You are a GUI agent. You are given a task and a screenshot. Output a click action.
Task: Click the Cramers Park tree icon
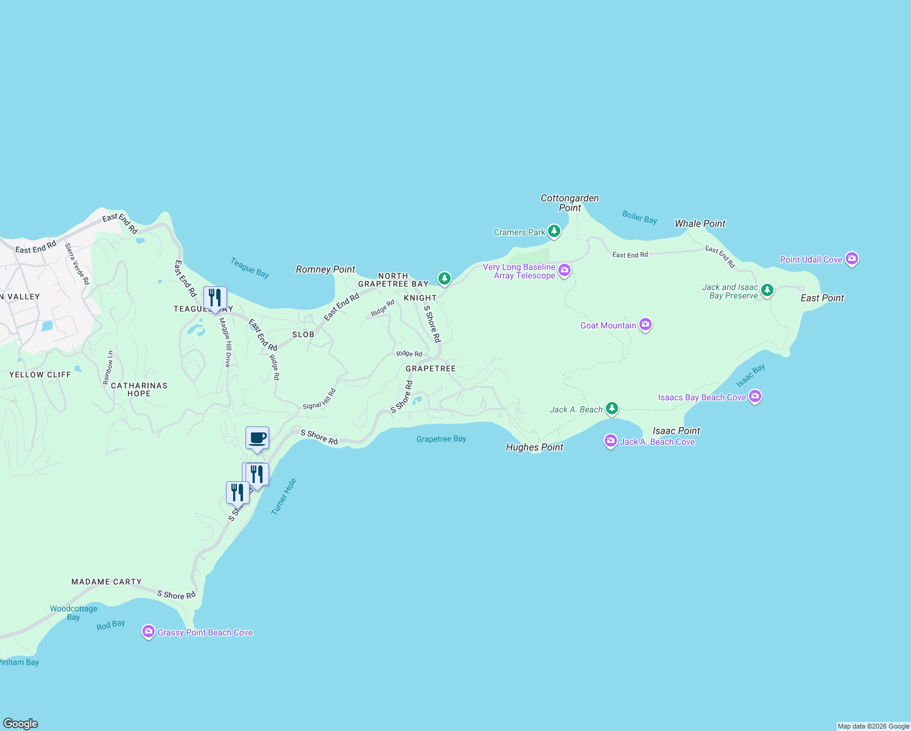[x=554, y=231]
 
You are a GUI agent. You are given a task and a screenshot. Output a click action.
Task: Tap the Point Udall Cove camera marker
[x=852, y=259]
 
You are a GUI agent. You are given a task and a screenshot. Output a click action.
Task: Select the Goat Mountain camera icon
[x=645, y=325]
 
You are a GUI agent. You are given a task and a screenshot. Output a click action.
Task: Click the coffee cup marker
[x=257, y=438]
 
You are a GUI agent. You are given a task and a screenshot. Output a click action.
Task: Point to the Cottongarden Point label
[x=570, y=203]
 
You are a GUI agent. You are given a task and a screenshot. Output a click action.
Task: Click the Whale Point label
[x=700, y=224]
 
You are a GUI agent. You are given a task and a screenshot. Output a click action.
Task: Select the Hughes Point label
[x=535, y=447]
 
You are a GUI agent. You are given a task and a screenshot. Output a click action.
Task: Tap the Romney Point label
[x=325, y=269]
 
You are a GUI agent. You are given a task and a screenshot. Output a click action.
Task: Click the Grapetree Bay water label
[x=441, y=439]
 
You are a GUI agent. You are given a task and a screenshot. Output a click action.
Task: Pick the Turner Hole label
[x=284, y=496]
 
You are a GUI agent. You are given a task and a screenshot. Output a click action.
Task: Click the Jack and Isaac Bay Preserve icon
[x=767, y=290]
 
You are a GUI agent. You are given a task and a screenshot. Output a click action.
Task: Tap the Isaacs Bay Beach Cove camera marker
[x=755, y=397]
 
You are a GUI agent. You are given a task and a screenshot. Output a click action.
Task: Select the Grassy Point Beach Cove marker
[x=148, y=632]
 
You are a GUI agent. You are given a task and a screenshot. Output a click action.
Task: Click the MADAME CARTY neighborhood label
[x=107, y=582]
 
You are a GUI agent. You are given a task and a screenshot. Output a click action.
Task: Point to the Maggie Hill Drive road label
[x=225, y=342]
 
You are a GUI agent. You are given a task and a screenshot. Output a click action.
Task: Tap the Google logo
[x=21, y=723]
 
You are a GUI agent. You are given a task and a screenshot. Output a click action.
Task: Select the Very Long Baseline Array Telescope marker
[x=565, y=270]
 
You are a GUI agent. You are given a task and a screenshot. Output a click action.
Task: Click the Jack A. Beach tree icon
[x=612, y=409]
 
